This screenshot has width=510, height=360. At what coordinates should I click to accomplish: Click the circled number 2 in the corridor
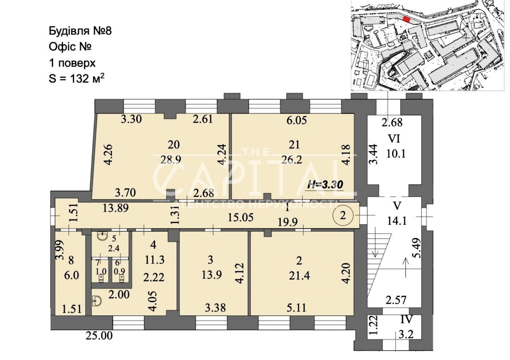tap(343, 215)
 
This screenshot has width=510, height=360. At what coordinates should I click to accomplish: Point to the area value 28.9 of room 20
tap(171, 159)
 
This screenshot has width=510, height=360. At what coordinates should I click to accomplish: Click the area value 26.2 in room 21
tap(292, 159)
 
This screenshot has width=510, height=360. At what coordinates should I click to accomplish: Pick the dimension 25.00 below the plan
tap(99, 336)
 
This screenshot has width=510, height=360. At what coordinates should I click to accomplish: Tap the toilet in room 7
tap(100, 278)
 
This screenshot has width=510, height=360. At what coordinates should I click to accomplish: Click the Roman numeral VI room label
tap(394, 139)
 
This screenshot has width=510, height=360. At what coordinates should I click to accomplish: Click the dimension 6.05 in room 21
tap(297, 120)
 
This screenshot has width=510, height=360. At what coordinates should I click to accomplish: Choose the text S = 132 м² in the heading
tap(77, 78)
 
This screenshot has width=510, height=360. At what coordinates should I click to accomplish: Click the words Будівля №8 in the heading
tap(81, 31)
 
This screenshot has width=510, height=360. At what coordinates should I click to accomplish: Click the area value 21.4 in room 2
tap(299, 276)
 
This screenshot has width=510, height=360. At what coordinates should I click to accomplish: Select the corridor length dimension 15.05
tap(241, 218)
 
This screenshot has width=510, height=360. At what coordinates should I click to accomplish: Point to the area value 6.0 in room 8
tap(72, 276)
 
